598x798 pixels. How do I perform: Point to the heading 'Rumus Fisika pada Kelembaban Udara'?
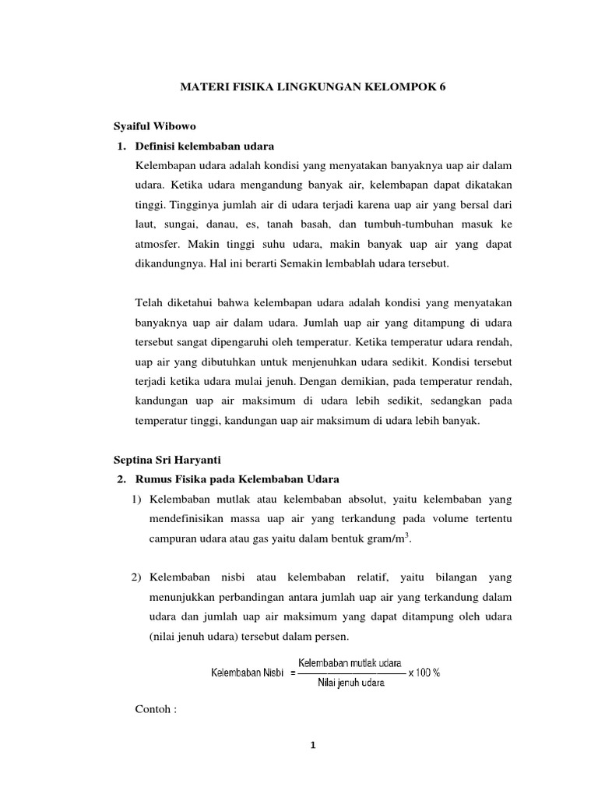pyautogui.click(x=237, y=478)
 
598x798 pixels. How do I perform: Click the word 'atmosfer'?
pyautogui.click(x=158, y=244)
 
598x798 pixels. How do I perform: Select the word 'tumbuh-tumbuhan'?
pyautogui.click(x=403, y=224)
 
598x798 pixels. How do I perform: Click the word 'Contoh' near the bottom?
pyautogui.click(x=153, y=711)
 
